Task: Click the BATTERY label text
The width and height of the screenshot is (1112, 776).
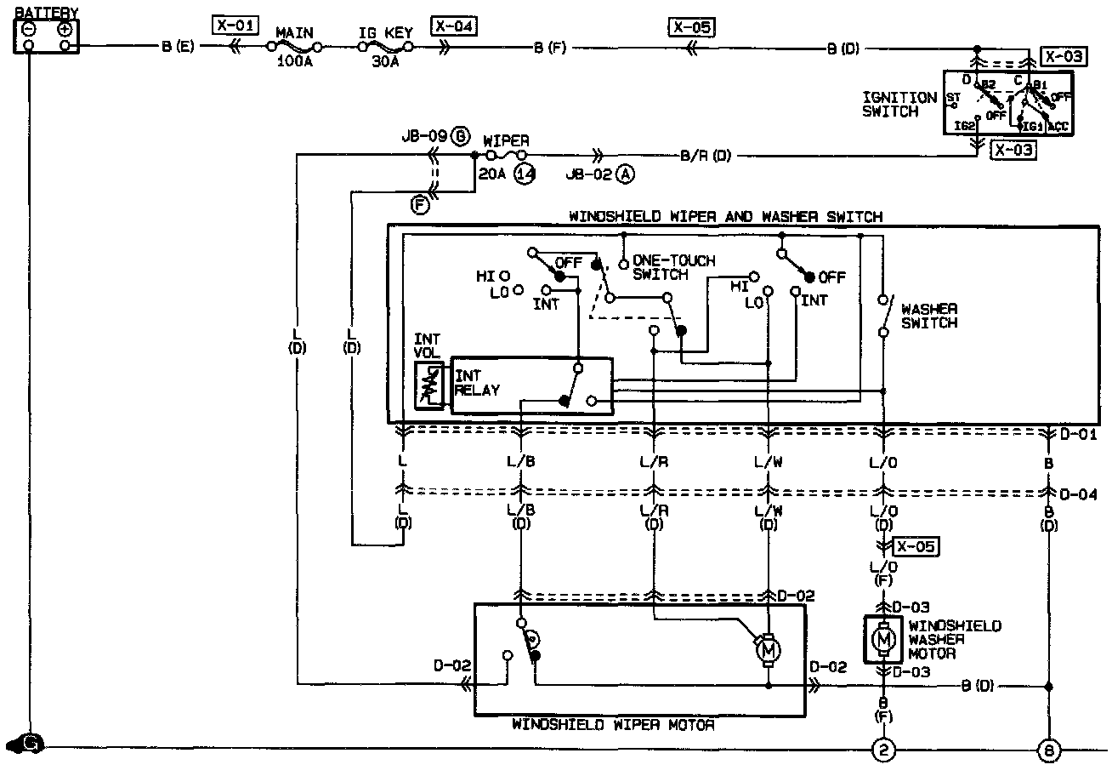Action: pos(47,13)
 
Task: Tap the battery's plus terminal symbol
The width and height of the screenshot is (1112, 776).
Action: pos(64,29)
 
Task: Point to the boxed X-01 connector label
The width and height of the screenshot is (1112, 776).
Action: pos(236,25)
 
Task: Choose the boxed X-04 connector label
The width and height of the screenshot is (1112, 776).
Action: pos(454,26)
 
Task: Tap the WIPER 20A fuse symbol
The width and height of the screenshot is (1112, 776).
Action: pos(504,157)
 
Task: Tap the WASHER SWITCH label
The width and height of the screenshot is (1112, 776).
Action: pos(929,316)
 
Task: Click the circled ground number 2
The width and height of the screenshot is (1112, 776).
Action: pos(884,749)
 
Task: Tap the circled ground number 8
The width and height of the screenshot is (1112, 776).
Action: pos(1048,749)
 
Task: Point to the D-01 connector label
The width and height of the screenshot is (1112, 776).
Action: pos(1079,434)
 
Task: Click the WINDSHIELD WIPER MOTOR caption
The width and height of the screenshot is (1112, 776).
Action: pos(613,726)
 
